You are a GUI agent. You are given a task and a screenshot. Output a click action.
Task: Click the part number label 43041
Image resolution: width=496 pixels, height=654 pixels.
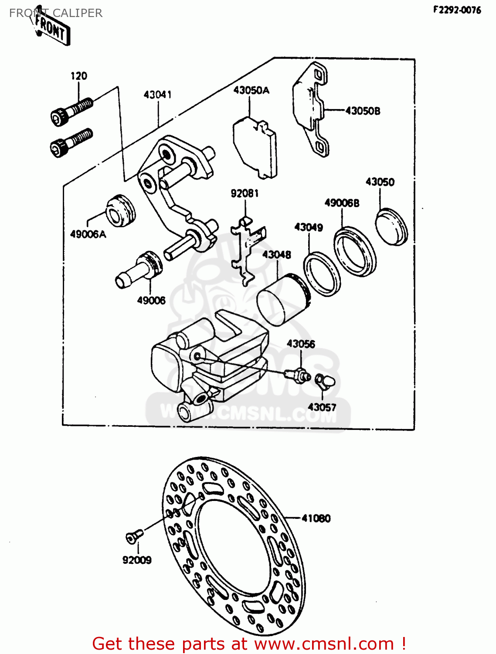tap(157, 95)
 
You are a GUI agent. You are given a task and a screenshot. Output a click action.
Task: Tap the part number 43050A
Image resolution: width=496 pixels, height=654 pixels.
tap(251, 90)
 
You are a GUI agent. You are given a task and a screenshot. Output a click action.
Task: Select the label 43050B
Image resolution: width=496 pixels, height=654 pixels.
tap(363, 111)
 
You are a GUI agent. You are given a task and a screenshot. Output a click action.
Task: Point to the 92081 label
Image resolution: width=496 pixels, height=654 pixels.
tap(245, 193)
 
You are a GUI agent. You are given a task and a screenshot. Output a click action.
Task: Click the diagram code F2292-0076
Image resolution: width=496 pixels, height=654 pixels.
tap(457, 10)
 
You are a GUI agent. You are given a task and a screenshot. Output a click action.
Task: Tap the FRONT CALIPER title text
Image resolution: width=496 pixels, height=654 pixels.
tap(56, 13)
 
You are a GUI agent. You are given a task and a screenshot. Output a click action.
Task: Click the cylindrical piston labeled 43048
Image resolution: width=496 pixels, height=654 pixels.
tap(282, 300)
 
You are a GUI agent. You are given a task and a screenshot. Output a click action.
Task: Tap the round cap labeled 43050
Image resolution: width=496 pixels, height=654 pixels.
tap(391, 227)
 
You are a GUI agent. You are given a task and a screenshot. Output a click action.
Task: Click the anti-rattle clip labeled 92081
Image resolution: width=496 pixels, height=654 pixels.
tap(247, 249)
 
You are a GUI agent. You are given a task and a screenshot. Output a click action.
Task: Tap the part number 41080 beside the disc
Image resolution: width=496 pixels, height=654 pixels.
tap(316, 518)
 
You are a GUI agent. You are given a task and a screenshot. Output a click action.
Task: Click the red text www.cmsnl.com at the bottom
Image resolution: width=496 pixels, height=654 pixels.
tap(324, 644)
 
